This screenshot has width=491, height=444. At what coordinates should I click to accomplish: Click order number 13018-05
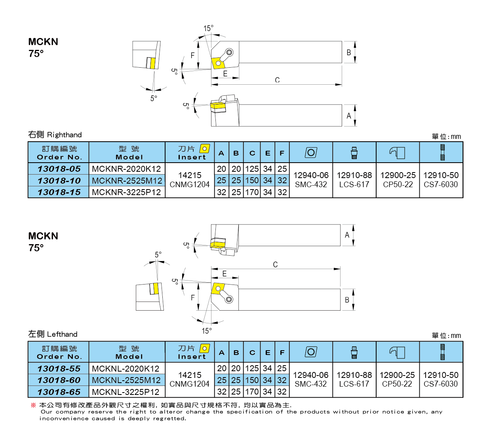click(x=59, y=169)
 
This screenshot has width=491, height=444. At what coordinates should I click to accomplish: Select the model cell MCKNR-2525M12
click(x=127, y=181)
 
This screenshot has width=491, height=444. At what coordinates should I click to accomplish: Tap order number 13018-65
click(x=59, y=392)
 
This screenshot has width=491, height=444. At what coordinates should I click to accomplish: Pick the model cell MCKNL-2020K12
click(x=126, y=369)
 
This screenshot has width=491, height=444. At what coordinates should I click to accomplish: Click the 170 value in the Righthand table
click(x=252, y=192)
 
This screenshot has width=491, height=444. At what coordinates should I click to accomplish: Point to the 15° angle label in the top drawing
click(x=208, y=28)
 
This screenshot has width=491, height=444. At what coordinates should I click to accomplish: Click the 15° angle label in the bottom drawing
click(x=207, y=331)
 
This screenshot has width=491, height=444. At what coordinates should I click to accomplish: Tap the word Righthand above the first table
click(x=64, y=135)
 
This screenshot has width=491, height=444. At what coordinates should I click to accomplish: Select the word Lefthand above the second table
click(x=62, y=334)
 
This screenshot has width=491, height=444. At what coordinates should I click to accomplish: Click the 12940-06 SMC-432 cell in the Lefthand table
click(x=311, y=379)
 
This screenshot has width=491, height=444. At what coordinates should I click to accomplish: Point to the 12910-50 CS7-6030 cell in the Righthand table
click(x=441, y=180)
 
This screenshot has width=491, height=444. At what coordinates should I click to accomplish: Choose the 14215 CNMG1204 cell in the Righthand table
click(x=190, y=180)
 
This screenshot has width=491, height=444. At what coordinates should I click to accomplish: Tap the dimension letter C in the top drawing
click(x=277, y=80)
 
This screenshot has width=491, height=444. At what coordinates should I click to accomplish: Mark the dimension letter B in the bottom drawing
click(x=347, y=300)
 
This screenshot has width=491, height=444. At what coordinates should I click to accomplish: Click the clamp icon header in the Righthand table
click(x=398, y=153)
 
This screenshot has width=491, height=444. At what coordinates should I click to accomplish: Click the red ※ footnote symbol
click(x=33, y=405)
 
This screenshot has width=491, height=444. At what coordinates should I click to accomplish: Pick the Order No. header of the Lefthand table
click(x=59, y=352)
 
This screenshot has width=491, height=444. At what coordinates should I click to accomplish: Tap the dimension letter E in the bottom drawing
click(x=225, y=274)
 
